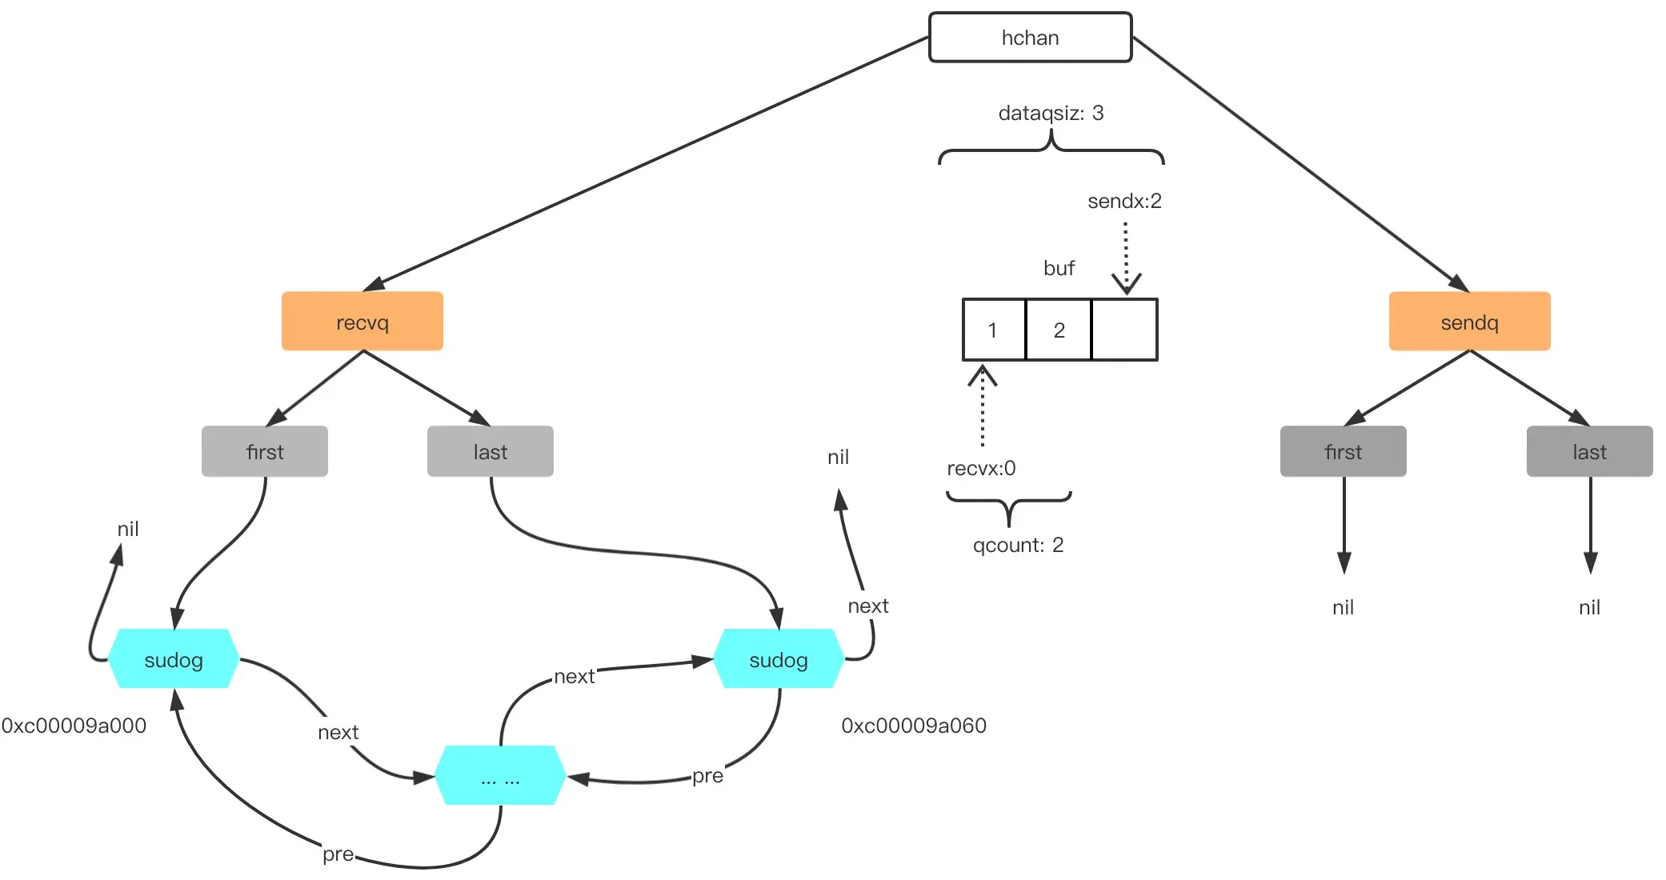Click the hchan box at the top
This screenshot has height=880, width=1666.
1030,38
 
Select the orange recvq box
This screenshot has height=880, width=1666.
362,322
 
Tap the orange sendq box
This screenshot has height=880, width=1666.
1469,322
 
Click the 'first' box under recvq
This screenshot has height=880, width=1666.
265,451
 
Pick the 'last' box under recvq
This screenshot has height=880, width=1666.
491,451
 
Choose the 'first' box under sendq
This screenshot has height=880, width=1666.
1344,451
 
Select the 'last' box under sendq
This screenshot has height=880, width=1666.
1590,451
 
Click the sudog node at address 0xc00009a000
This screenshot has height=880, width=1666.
174,659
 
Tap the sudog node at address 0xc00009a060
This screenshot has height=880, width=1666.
779,659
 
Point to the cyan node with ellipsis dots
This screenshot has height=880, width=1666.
500,776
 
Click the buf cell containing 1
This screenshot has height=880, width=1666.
994,330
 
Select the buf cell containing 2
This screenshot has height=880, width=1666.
1059,330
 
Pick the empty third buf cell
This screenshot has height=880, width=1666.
1124,330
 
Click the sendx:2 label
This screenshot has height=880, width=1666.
1124,201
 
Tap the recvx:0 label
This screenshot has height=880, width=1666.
981,468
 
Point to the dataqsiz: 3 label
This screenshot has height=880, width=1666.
1051,113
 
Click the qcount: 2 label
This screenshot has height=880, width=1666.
1018,545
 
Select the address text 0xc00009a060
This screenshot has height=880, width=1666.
914,726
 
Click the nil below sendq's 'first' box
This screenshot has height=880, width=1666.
1344,607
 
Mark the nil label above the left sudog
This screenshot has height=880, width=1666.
128,529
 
